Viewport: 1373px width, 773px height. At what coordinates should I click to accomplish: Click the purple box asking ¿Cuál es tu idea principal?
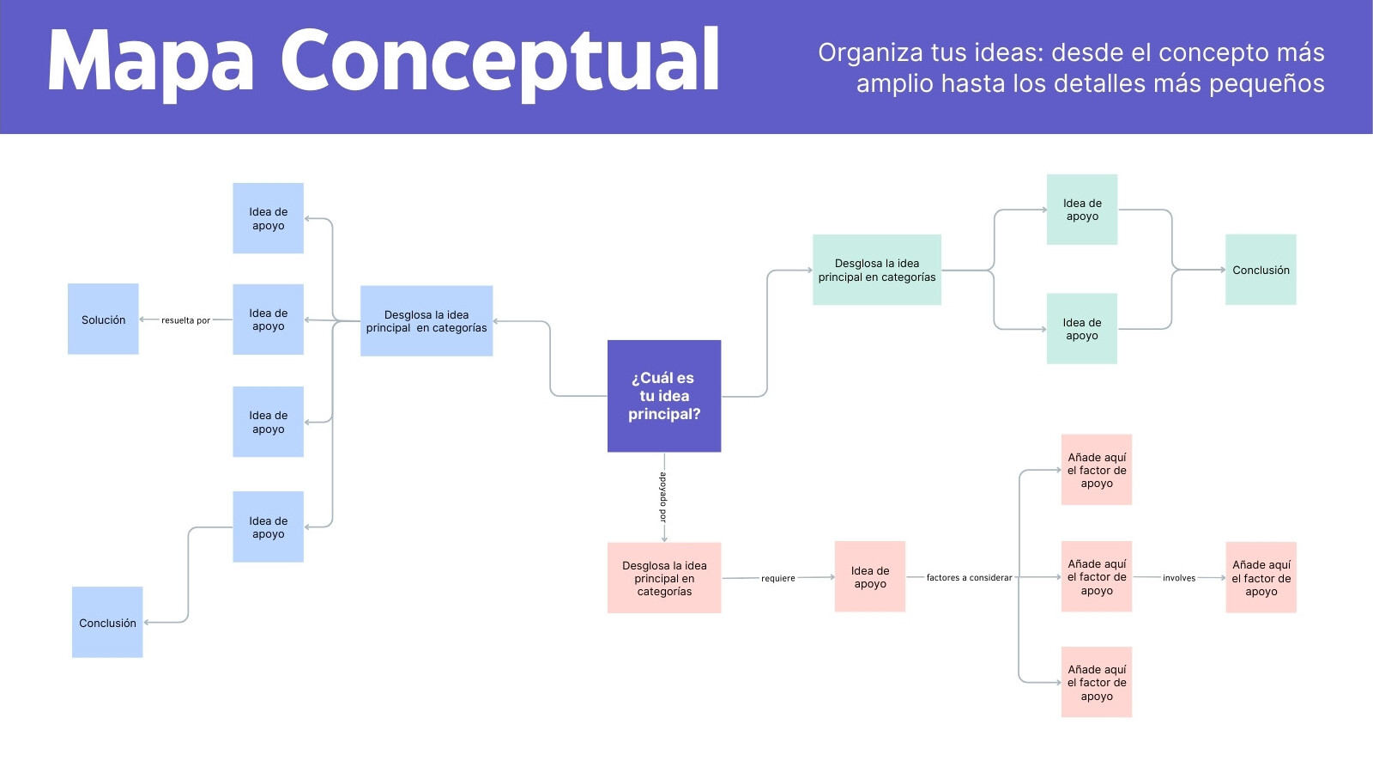pyautogui.click(x=664, y=396)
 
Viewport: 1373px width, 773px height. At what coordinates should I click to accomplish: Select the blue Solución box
pyautogui.click(x=103, y=319)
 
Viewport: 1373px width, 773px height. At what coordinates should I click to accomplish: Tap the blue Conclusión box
pyautogui.click(x=107, y=622)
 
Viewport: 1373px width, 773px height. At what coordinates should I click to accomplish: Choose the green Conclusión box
pyautogui.click(x=1261, y=270)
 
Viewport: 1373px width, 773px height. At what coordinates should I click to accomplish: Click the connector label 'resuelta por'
pyautogui.click(x=185, y=320)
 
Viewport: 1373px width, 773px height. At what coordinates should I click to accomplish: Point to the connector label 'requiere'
pyautogui.click(x=777, y=578)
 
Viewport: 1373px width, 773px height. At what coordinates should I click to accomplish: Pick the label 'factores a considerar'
pyautogui.click(x=969, y=577)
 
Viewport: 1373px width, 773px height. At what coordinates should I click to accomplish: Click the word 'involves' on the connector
pyautogui.click(x=1179, y=578)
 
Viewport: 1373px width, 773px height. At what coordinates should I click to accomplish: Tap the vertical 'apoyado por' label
pyautogui.click(x=663, y=497)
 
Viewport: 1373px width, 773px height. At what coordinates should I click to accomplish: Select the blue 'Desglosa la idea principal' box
pyautogui.click(x=426, y=321)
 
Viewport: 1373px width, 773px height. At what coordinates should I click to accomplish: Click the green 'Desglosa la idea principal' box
pyautogui.click(x=877, y=270)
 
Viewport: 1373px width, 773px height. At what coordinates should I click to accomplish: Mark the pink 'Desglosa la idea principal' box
pyautogui.click(x=664, y=578)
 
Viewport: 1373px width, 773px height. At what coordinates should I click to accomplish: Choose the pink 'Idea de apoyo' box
pyautogui.click(x=870, y=576)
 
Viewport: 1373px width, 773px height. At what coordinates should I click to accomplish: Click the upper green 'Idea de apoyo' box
pyautogui.click(x=1082, y=210)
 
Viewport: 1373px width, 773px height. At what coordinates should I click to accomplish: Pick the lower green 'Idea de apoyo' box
pyautogui.click(x=1082, y=329)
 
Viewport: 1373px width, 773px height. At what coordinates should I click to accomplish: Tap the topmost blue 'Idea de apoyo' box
pyautogui.click(x=268, y=218)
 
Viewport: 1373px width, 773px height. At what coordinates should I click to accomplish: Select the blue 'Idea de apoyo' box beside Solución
pyautogui.click(x=268, y=319)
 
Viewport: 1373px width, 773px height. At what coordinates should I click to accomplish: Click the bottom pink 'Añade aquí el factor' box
pyautogui.click(x=1097, y=682)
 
